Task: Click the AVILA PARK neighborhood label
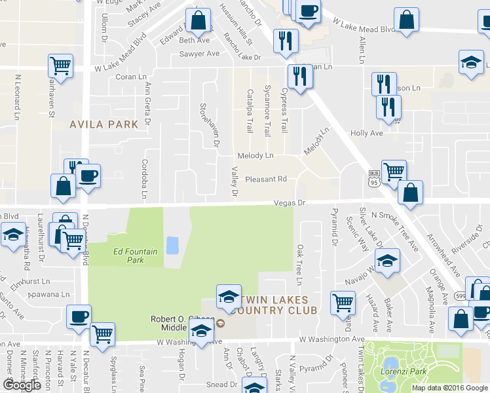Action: pyautogui.click(x=104, y=124)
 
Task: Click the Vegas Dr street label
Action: pyautogui.click(x=290, y=203)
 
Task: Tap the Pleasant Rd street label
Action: pyautogui.click(x=266, y=179)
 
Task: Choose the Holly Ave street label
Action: pyautogui.click(x=366, y=133)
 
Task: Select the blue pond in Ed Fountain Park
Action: pyautogui.click(x=172, y=246)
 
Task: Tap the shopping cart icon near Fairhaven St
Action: pyautogui.click(x=60, y=65)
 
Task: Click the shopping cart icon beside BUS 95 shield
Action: pyautogui.click(x=394, y=172)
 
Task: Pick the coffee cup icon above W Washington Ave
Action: pyautogui.click(x=79, y=316)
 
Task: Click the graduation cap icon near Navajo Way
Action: pyautogui.click(x=388, y=261)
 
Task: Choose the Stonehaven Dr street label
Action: pyautogui.click(x=214, y=124)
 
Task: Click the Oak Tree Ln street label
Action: pyautogui.click(x=300, y=265)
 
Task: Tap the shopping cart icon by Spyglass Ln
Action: pyautogui.click(x=102, y=333)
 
